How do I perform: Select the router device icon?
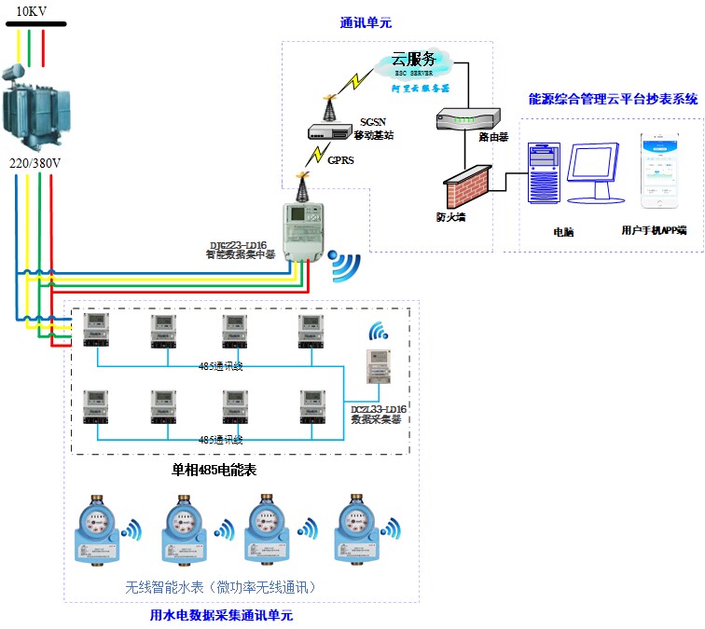point(467,118)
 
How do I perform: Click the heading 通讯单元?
point(366,23)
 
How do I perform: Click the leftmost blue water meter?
point(95,532)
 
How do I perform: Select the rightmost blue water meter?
point(353,531)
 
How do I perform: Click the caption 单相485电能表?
point(214,471)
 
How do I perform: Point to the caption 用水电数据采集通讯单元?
point(221,615)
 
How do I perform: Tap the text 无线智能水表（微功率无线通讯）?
point(221,588)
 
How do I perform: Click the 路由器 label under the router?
point(492,137)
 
